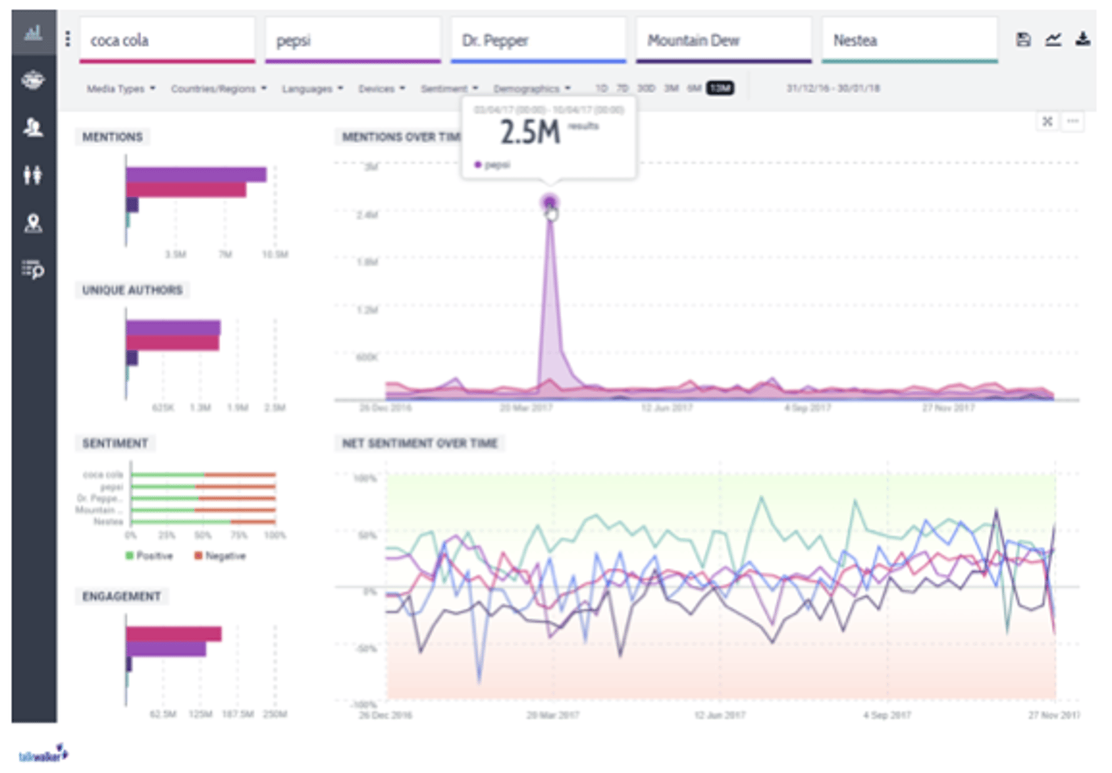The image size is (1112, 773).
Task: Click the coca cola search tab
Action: coord(167,40)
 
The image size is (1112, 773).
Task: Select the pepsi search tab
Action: coord(352,40)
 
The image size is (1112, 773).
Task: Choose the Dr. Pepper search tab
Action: coord(538,40)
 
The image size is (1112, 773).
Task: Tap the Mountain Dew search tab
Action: coord(723,40)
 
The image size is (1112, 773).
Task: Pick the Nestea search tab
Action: coord(909,40)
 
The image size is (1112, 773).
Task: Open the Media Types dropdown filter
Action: coord(120,89)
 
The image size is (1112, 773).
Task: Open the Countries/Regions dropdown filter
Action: coord(218,89)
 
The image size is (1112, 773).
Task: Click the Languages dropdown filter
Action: coord(312,89)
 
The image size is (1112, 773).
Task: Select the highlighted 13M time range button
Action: coord(720,88)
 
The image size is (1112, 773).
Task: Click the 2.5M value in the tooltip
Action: coord(530,132)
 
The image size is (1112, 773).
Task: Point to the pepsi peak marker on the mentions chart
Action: coord(550,203)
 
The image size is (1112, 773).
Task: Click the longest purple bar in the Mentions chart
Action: coord(196,175)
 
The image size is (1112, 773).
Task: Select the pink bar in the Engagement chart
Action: coord(173,634)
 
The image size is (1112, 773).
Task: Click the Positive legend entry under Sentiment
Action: coord(150,556)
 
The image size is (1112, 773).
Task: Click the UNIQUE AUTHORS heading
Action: coord(132,290)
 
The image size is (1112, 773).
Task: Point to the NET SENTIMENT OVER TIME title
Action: coord(419,443)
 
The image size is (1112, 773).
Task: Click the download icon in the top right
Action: coord(1082,39)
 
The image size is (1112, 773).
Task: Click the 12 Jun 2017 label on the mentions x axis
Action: coord(666,408)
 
